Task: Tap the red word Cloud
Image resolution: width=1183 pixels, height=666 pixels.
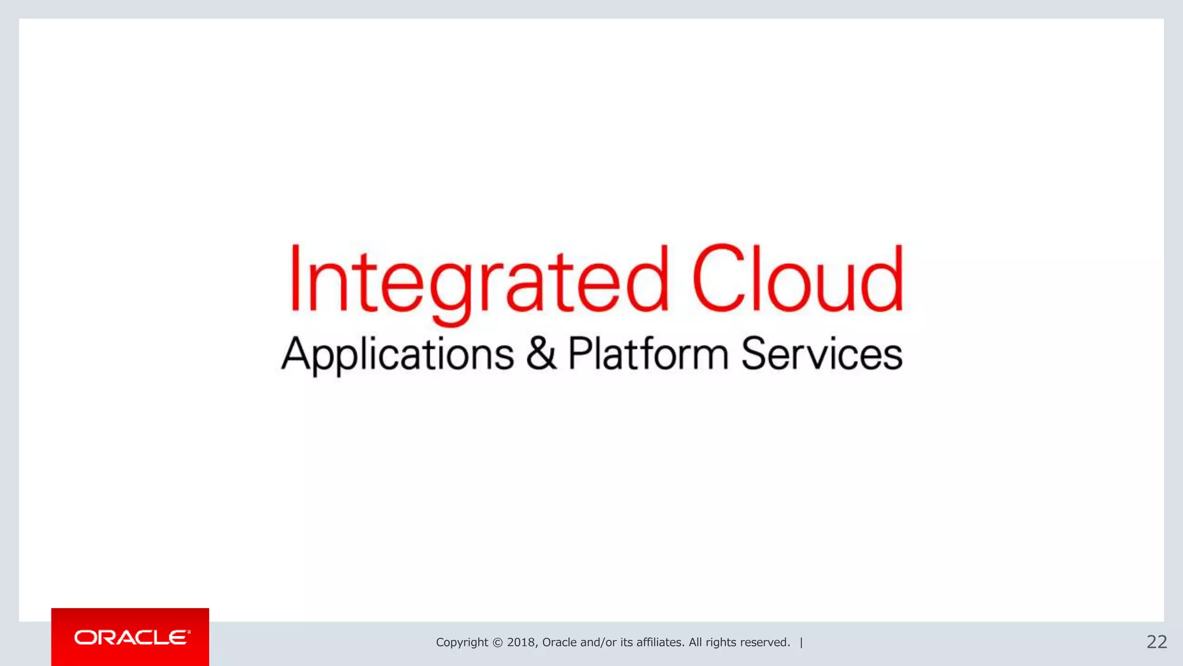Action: coord(797,279)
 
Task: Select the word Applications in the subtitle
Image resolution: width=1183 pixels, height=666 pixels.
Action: coord(397,354)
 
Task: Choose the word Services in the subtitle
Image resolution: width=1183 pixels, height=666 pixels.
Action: coord(821,354)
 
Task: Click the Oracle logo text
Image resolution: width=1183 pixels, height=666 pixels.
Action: coord(132,637)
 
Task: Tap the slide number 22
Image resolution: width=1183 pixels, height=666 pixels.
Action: coord(1156,642)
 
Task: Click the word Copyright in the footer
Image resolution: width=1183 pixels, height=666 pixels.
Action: coord(462,642)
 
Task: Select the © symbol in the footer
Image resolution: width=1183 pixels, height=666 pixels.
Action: coord(497,642)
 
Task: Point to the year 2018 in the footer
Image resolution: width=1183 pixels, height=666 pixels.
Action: coord(522,642)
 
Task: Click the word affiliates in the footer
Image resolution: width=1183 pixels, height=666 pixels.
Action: coord(660,642)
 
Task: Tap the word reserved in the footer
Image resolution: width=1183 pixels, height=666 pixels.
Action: coord(765,642)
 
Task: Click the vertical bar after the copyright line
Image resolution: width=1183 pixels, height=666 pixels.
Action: coord(801,642)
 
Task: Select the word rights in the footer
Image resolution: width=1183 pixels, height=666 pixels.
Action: coord(721,642)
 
